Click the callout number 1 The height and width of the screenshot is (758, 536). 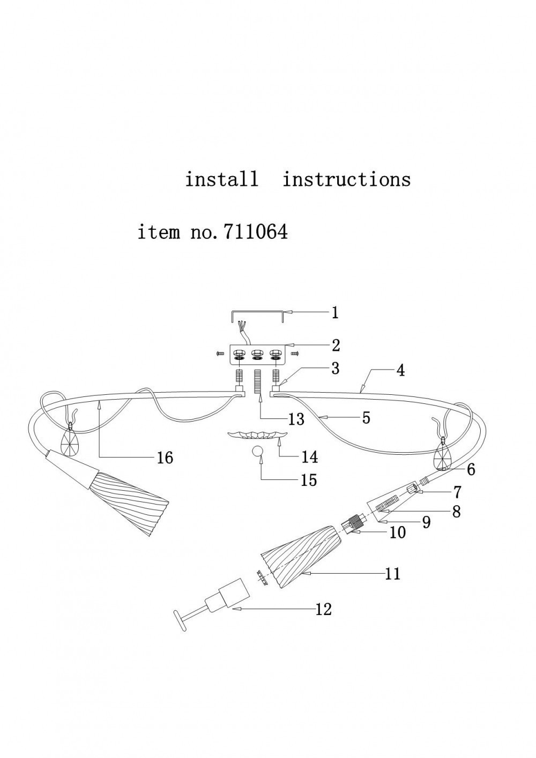pyautogui.click(x=335, y=313)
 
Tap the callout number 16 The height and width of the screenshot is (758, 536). pyautogui.click(x=165, y=458)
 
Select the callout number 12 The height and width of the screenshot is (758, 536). pyautogui.click(x=324, y=610)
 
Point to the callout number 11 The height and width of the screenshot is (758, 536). pyautogui.click(x=393, y=573)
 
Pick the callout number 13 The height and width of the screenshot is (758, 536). pyautogui.click(x=296, y=419)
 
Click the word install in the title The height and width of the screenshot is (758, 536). pyautogui.click(x=221, y=179)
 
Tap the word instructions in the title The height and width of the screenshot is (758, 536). pyautogui.click(x=346, y=179)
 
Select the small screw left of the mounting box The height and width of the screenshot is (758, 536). pyautogui.click(x=219, y=354)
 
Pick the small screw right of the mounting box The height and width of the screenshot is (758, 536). pyautogui.click(x=295, y=354)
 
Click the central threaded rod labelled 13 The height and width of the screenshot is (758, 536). pyautogui.click(x=258, y=381)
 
